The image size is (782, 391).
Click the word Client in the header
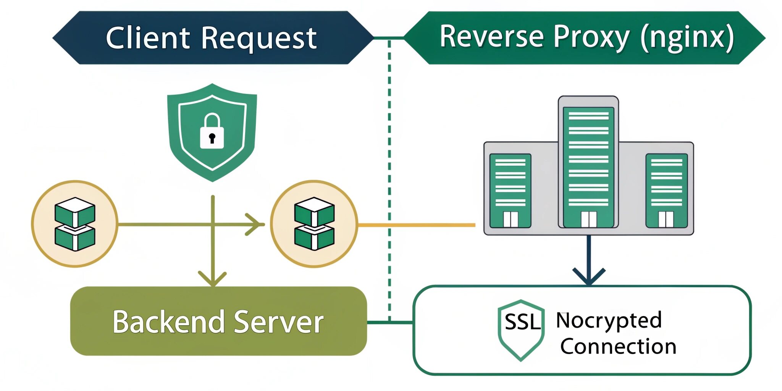(x=147, y=38)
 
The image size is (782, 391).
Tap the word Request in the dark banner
(x=259, y=39)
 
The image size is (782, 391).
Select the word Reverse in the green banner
(x=491, y=37)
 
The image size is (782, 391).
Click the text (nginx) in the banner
(x=687, y=37)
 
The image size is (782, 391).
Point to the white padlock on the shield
(x=212, y=132)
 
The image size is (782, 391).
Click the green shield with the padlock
(x=212, y=160)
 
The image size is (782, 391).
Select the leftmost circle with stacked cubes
(x=75, y=224)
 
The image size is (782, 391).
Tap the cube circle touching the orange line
(x=314, y=224)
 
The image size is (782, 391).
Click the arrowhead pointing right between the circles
(x=255, y=225)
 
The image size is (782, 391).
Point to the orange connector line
(x=416, y=225)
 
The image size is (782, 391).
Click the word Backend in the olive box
(x=168, y=322)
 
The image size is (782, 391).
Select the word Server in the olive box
(x=279, y=322)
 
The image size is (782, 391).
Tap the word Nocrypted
(x=609, y=321)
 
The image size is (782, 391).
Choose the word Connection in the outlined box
(x=618, y=346)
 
